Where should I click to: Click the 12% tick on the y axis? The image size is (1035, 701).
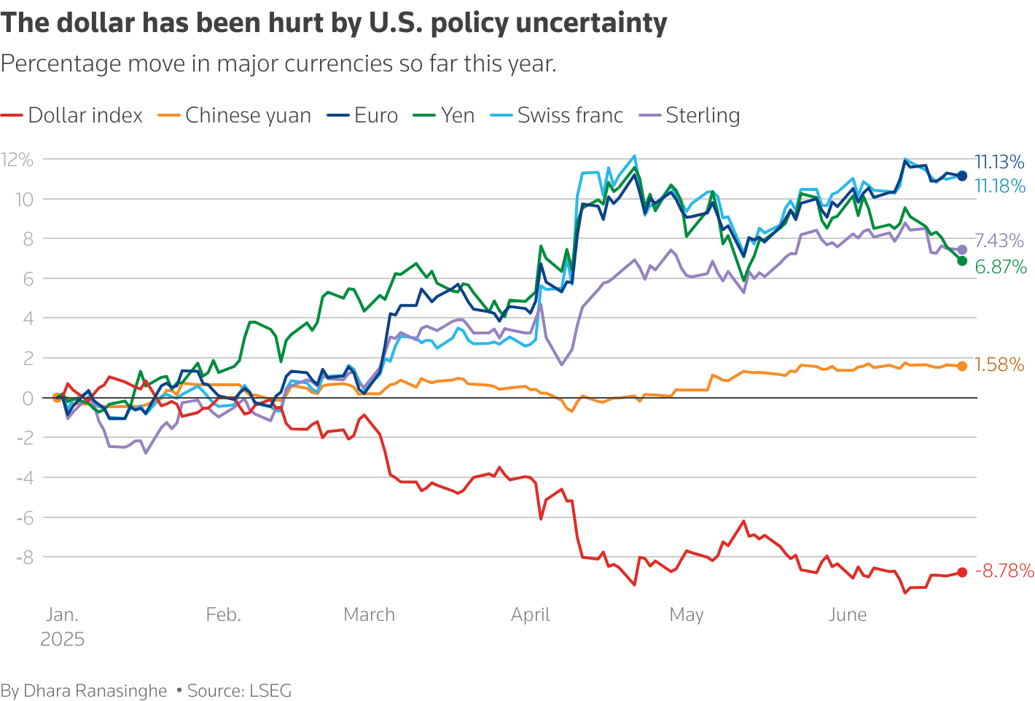pyautogui.click(x=17, y=160)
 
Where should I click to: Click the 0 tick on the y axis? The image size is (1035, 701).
pyautogui.click(x=28, y=398)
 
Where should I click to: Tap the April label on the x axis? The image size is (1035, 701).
pyautogui.click(x=530, y=615)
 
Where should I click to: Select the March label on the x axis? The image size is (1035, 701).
pyautogui.click(x=369, y=615)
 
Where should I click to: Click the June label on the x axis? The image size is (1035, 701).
pyautogui.click(x=848, y=615)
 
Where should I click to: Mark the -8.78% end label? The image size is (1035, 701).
pyautogui.click(x=1004, y=571)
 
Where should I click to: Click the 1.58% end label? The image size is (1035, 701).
pyautogui.click(x=999, y=365)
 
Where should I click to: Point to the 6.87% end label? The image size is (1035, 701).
pyautogui.click(x=1001, y=267)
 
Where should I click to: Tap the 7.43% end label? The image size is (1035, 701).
pyautogui.click(x=999, y=241)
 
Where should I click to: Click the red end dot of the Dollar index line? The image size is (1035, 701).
pyautogui.click(x=962, y=572)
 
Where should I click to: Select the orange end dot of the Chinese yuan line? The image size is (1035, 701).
pyautogui.click(x=962, y=366)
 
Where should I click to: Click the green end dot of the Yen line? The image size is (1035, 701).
pyautogui.click(x=962, y=261)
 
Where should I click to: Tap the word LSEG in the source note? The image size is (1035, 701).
pyautogui.click(x=270, y=691)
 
